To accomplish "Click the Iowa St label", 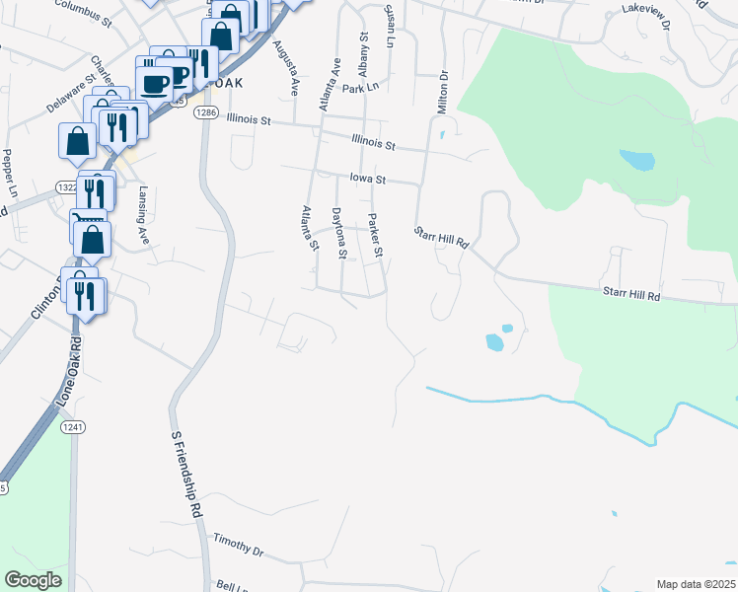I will click(366, 180).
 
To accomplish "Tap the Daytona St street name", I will click(338, 233).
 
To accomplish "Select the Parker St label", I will click(374, 237).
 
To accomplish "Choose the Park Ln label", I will click(360, 88).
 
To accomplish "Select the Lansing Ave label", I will click(144, 215).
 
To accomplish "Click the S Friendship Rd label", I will click(186, 475).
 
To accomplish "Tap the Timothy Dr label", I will click(239, 546).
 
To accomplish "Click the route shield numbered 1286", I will click(205, 112).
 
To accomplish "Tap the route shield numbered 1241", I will click(71, 426).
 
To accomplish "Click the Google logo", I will click(34, 580).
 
